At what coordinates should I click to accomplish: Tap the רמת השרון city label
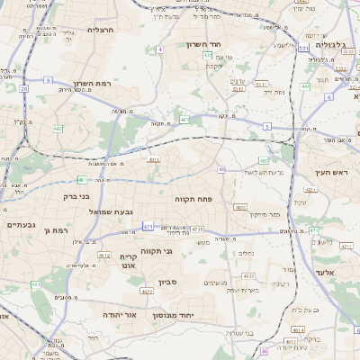(x=92, y=82)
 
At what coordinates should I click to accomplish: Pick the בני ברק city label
(x=76, y=195)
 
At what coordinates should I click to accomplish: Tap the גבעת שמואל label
(x=112, y=211)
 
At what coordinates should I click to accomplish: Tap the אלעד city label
(x=325, y=272)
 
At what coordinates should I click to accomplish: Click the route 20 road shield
(x=23, y=89)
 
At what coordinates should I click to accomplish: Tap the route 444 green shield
(x=305, y=86)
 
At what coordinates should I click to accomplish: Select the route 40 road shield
(x=221, y=169)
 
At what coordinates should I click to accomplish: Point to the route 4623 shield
(x=249, y=276)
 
